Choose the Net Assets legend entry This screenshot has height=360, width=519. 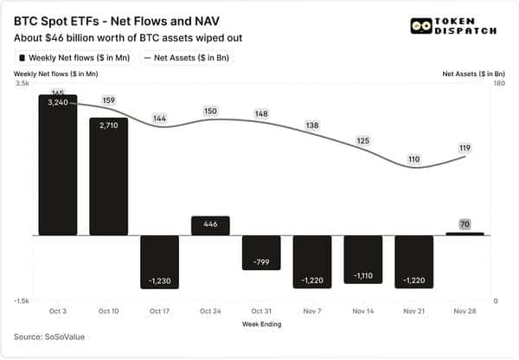(x=188, y=57)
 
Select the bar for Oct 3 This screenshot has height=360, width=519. (x=58, y=164)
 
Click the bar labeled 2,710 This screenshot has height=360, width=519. (x=109, y=176)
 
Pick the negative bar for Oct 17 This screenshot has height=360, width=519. (x=159, y=261)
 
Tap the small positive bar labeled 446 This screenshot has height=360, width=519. (x=210, y=226)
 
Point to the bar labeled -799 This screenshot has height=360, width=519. (x=261, y=252)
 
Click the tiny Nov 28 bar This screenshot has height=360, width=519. (x=465, y=233)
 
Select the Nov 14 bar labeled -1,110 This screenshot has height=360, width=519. (x=363, y=260)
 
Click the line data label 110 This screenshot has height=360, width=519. (x=414, y=159)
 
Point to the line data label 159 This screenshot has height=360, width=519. (x=108, y=100)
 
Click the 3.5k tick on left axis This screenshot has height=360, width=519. (x=22, y=85)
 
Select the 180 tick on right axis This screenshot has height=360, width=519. (x=499, y=85)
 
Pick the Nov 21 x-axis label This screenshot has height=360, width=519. (x=413, y=310)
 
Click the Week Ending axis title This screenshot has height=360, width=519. (x=261, y=324)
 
